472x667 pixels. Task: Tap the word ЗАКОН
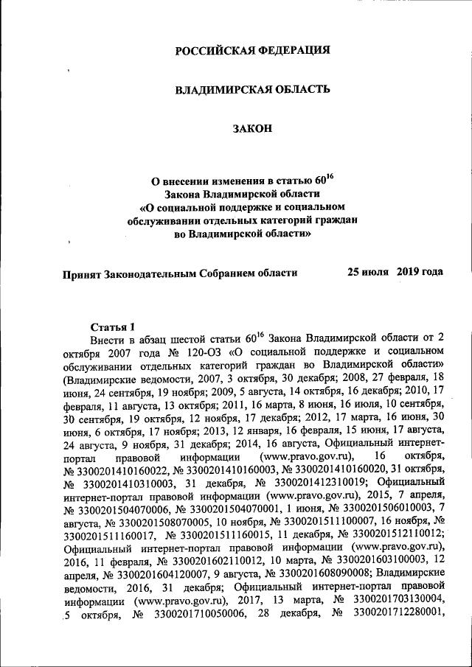click(x=252, y=128)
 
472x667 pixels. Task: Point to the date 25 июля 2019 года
click(x=395, y=272)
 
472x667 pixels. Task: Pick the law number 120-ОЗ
click(x=201, y=352)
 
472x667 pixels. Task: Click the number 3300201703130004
click(x=399, y=602)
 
